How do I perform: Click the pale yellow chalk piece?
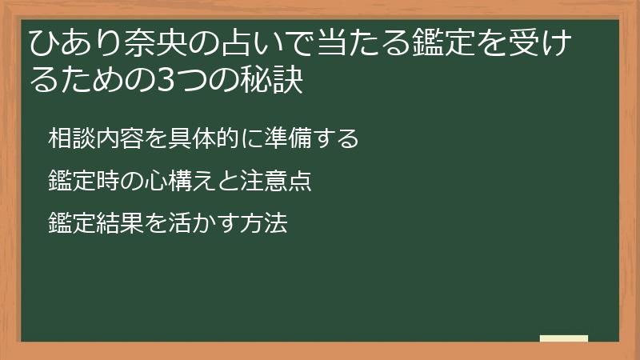click(563, 338)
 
